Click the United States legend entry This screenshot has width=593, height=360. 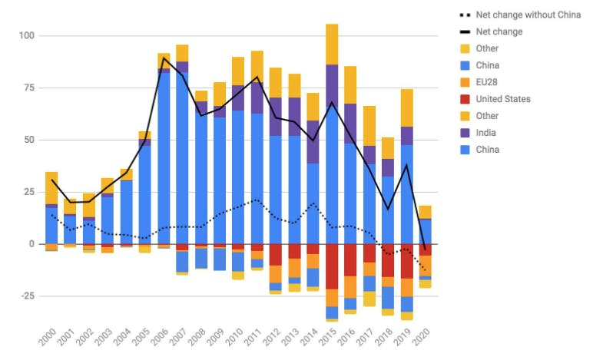tap(503, 99)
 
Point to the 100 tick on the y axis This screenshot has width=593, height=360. tap(28, 36)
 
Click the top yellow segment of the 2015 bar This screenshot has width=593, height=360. tap(332, 44)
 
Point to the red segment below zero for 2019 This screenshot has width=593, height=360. tap(406, 261)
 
